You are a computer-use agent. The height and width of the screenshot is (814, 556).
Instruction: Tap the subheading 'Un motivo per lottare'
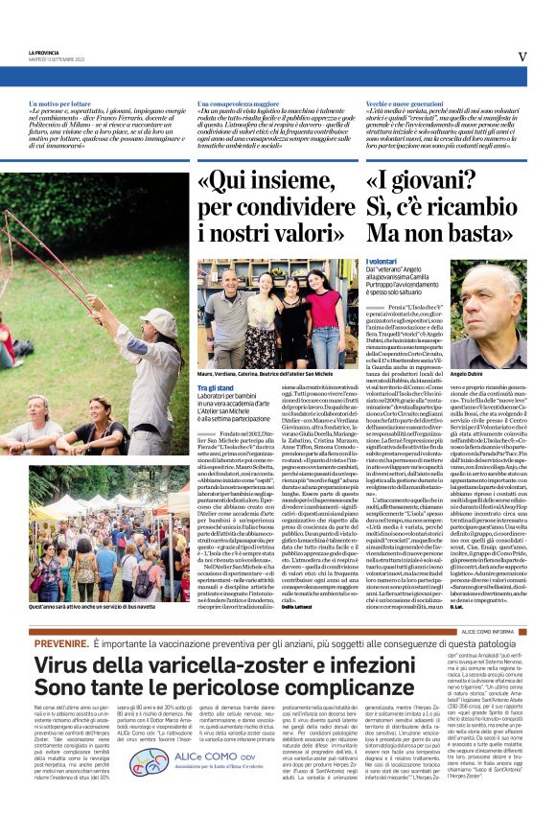61,102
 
